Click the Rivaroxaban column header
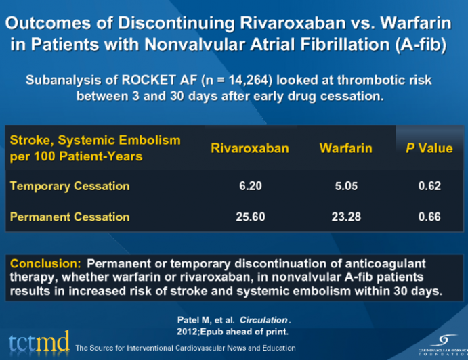point(249,148)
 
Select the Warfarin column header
point(345,148)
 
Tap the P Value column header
point(429,148)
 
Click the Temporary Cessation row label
point(69,185)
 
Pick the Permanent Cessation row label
point(70,217)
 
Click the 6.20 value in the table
point(250,186)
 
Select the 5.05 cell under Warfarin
point(345,186)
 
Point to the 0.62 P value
point(429,186)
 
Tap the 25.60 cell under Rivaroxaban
point(250,217)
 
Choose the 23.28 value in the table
point(345,217)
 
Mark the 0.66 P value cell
point(429,217)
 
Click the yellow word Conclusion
point(45,263)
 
